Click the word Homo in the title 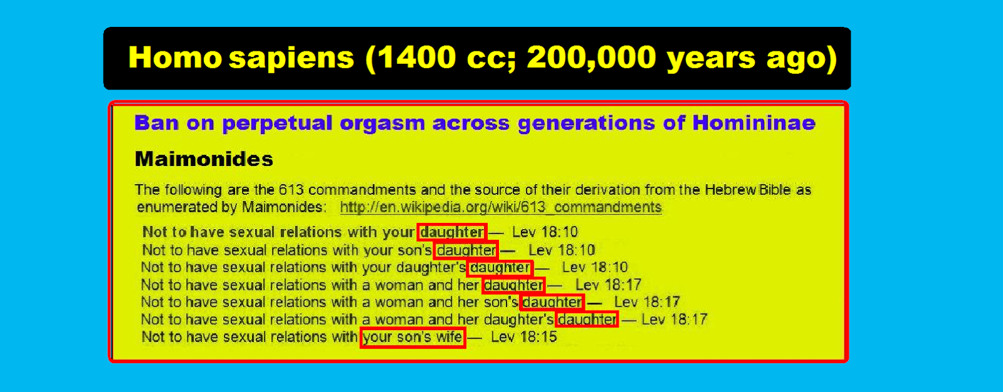[x=175, y=58]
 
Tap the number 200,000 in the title [x=592, y=58]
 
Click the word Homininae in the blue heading [x=754, y=123]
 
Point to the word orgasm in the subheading [x=382, y=123]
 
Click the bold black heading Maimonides [x=204, y=159]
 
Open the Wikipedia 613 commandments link [x=501, y=207]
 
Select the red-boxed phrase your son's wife [x=413, y=337]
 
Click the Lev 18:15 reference [x=524, y=337]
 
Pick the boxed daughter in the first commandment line [x=452, y=232]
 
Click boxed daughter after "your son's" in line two [x=466, y=250]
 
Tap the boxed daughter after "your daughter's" [x=500, y=267]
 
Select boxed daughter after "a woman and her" [x=513, y=285]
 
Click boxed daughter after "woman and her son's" [x=552, y=302]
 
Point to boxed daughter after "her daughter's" [x=587, y=319]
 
